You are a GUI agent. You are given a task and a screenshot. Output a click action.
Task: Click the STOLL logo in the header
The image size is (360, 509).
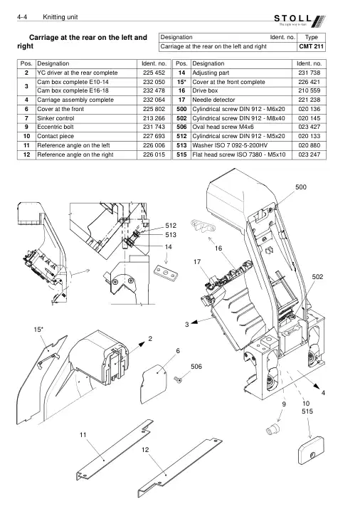300,21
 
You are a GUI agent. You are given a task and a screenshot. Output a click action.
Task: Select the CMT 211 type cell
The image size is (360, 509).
312,46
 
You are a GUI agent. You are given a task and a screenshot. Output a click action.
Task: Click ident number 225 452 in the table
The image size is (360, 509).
154,73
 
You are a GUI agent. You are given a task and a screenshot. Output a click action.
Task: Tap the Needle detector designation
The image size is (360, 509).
213,100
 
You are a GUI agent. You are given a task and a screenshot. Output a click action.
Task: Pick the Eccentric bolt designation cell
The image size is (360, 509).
87,127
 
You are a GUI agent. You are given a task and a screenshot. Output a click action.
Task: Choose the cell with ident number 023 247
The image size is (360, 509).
309,154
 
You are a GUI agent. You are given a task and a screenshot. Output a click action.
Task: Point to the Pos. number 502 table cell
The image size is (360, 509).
181,118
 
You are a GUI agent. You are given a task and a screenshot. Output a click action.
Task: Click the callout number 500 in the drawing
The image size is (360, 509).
301,187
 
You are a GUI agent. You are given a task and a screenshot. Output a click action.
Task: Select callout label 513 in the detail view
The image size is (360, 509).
171,235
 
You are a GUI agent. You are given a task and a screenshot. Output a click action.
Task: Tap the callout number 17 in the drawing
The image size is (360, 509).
197,262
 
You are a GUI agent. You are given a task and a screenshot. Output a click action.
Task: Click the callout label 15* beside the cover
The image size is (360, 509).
38,330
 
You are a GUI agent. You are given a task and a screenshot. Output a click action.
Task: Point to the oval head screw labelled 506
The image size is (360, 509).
177,379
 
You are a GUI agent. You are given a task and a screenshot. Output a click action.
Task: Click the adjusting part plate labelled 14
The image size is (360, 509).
166,272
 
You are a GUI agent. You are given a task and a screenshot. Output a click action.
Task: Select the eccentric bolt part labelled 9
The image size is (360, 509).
272,429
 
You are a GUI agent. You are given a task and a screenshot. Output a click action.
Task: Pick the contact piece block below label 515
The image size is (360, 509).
310,450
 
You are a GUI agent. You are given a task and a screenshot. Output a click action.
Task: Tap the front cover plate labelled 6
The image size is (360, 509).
154,384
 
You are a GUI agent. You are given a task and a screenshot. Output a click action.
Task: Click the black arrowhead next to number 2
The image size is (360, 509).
142,344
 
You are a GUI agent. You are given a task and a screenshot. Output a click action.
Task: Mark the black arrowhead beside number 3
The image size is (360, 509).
194,322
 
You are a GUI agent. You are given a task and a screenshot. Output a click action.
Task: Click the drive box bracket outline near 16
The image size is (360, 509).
203,226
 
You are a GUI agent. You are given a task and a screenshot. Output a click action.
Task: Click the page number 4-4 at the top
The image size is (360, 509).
22,17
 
